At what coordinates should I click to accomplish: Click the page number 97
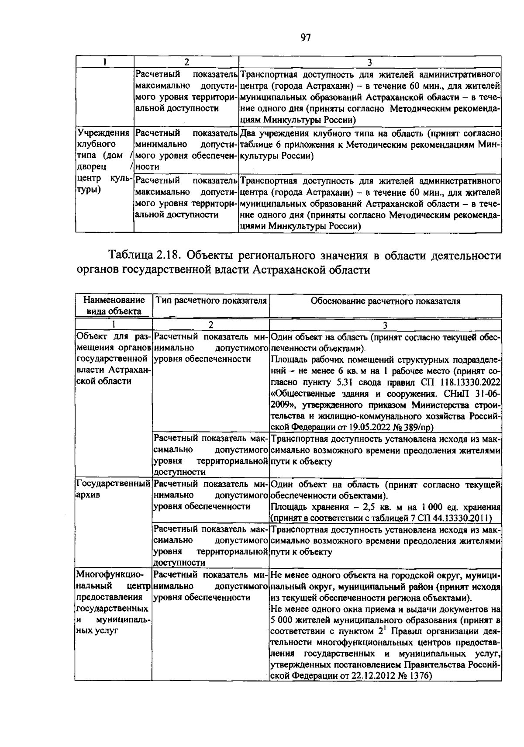point(305,38)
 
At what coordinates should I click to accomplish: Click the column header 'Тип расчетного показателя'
point(211,301)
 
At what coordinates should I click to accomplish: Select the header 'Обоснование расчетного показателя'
point(385,301)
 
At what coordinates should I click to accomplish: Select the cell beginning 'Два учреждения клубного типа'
point(369,144)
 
